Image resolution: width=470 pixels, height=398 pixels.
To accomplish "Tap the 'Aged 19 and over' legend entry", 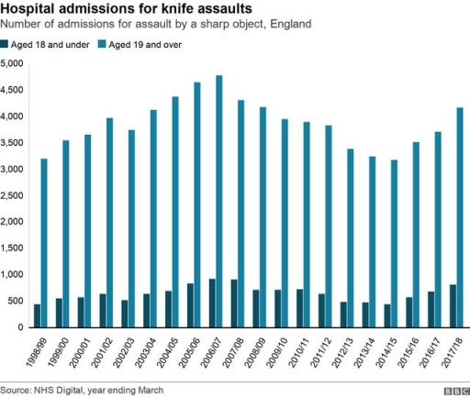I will pos(148,44).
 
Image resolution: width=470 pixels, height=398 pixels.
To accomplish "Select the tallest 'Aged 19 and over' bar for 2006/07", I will pos(219,201).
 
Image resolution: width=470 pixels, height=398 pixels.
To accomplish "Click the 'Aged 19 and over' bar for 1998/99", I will pos(44,243).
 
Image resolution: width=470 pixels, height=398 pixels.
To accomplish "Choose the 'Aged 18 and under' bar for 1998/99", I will pos(37,315).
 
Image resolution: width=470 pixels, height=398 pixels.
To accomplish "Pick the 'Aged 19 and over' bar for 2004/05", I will pos(174,212).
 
